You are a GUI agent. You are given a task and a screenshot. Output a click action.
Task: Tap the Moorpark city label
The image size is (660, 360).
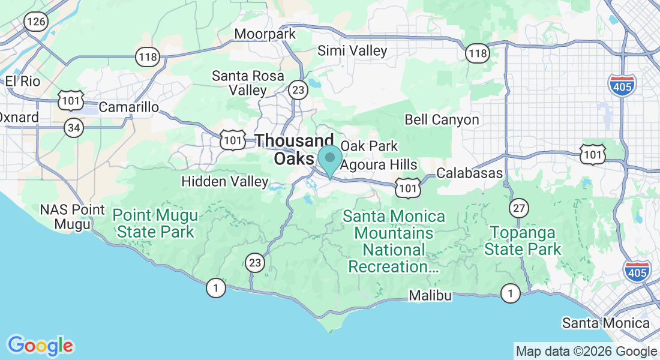tap(265, 34)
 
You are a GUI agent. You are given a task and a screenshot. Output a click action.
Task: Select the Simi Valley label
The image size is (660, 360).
tap(352, 51)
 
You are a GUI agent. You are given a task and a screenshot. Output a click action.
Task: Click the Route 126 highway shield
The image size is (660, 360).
tap(35, 22)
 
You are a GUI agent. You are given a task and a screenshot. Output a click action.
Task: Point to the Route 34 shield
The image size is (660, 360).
tap(74, 127)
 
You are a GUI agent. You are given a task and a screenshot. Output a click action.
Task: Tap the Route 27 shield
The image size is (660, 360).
tap(519, 208)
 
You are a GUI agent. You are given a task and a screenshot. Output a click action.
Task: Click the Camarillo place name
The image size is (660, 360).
tap(128, 107)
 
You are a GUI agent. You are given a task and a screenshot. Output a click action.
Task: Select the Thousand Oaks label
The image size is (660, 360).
tap(294, 149)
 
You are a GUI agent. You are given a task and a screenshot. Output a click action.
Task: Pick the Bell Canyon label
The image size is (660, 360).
tap(442, 120)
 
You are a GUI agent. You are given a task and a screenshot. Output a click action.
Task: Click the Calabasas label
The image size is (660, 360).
tap(469, 173)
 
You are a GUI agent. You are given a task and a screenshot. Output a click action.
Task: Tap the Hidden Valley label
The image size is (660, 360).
tap(225, 181)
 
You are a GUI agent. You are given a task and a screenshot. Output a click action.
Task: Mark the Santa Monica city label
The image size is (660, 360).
tap(605, 323)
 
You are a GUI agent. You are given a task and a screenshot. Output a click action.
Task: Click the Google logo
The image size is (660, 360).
tap(40, 346)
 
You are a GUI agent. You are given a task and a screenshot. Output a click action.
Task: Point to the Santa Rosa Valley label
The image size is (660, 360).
tap(239, 83)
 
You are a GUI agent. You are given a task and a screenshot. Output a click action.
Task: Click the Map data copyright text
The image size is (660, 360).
tap(586, 352)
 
